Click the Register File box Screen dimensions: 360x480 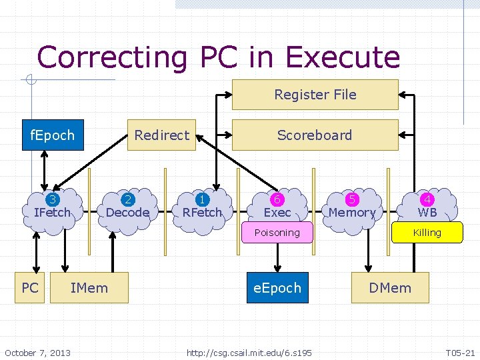coord(315,95)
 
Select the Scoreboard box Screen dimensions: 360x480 coord(315,135)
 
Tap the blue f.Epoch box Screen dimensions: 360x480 coord(53,135)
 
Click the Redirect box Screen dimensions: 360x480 coord(162,135)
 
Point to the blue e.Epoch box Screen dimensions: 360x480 coord(277,288)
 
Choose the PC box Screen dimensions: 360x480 coord(30,288)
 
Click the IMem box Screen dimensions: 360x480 coord(89,288)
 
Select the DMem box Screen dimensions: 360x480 coord(390,288)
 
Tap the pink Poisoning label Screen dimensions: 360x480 coord(277,233)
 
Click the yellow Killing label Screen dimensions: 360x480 coord(427,233)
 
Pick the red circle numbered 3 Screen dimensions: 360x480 coord(52,199)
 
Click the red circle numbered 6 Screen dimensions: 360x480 coord(277,199)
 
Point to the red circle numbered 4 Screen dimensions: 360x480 coord(427,199)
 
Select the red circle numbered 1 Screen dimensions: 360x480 coord(202,199)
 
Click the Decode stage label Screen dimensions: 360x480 coord(127,213)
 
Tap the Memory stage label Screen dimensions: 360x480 coord(352,213)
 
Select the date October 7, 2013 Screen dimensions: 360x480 coord(37,352)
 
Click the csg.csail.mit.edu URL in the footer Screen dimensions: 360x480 coord(249,352)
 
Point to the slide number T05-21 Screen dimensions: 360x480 coord(460,352)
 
